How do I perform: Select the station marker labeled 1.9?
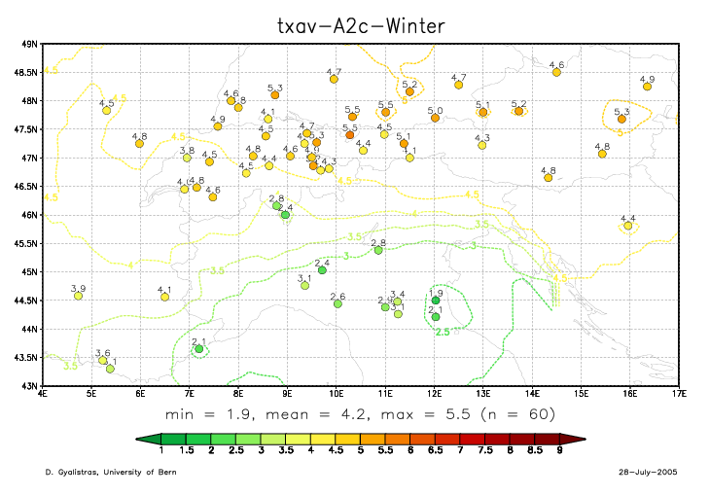pos(436,301)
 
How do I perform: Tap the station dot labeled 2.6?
pos(337,303)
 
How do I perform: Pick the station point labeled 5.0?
pos(435,119)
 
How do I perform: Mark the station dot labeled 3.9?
pos(78,296)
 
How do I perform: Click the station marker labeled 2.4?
pos(322,270)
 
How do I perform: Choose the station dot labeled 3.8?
pos(187,158)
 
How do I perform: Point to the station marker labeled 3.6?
pos(102,360)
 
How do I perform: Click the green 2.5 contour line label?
pos(442,333)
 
